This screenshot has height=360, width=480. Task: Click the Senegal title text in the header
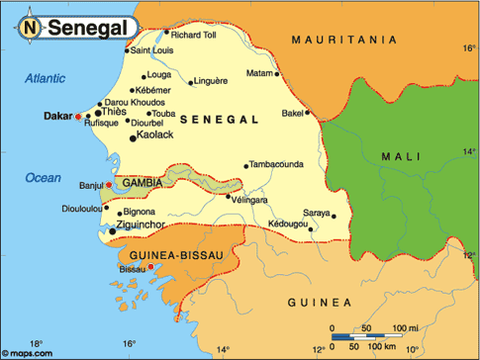87,29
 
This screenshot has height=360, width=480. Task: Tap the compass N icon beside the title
31,29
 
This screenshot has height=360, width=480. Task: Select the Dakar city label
58,116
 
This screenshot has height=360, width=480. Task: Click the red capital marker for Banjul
109,185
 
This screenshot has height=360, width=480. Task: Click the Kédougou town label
287,225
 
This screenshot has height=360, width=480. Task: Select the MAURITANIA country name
344,40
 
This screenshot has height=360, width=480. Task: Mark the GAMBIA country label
144,184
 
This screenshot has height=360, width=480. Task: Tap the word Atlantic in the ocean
45,78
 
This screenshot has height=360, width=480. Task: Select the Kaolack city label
155,135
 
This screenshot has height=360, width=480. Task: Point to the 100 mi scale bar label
406,327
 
